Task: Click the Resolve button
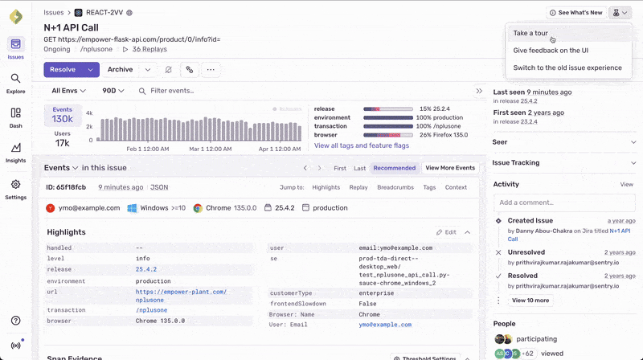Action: [63, 70]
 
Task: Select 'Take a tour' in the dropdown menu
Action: [530, 33]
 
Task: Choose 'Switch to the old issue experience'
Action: [567, 67]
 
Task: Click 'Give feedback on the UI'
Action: [551, 50]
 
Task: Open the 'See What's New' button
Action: [575, 13]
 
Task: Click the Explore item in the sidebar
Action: [15, 83]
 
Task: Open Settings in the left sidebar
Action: [15, 189]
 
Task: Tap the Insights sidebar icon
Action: [15, 153]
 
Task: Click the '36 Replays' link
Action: [149, 49]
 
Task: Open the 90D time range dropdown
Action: [114, 91]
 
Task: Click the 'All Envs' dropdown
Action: [70, 91]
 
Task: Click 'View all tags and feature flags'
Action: [361, 145]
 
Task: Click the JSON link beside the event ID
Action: [159, 187]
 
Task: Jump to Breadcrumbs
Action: [395, 187]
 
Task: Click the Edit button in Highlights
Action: [446, 232]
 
